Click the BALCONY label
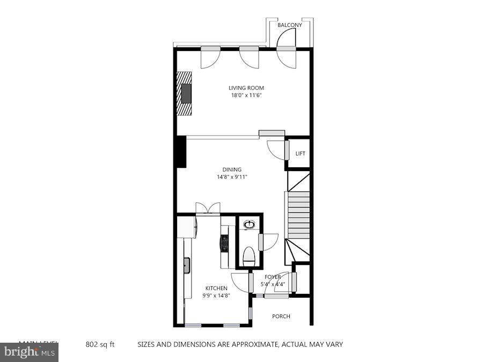(x=290, y=25)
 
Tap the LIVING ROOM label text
(x=246, y=88)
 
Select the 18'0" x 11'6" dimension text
(x=246, y=95)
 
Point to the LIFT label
(x=300, y=154)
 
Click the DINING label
(x=232, y=169)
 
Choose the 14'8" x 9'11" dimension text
(x=232, y=177)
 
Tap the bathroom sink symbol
(x=249, y=225)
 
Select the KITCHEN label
(x=216, y=288)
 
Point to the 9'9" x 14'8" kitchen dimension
(x=216, y=295)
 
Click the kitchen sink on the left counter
(x=187, y=264)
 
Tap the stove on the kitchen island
(x=223, y=244)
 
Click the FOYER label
(x=272, y=277)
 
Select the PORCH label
(x=281, y=316)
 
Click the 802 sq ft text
(x=100, y=344)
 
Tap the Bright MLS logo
(x=29, y=352)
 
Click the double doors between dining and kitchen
(x=208, y=209)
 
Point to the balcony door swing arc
(x=287, y=38)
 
